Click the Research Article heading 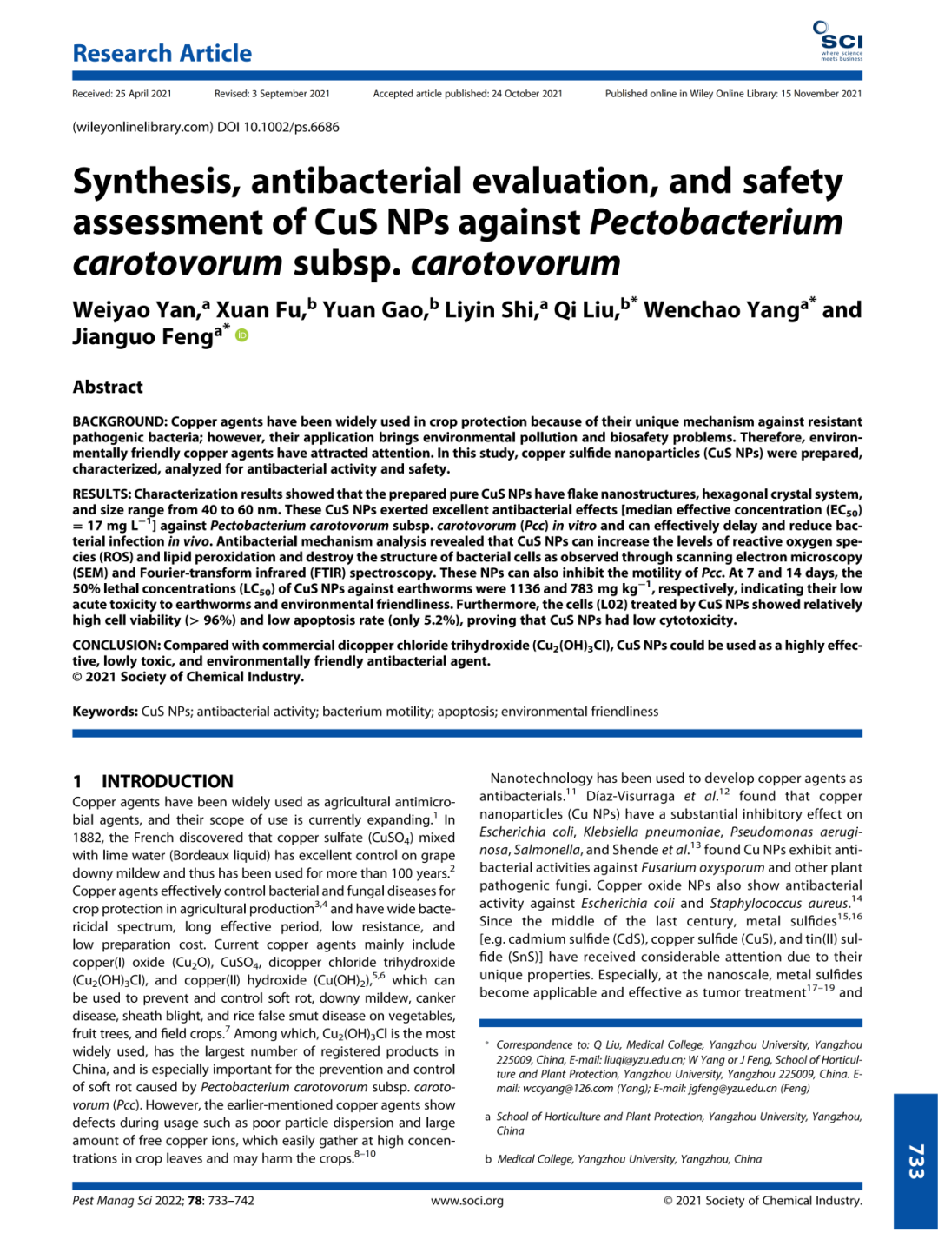(162, 54)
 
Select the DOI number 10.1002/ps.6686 (291, 127)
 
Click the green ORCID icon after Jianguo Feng (242, 335)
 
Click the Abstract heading (108, 388)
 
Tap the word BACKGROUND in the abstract (119, 421)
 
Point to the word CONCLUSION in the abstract (116, 646)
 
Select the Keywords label (104, 712)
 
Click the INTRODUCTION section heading (168, 781)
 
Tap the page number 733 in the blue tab (915, 1161)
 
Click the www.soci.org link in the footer (467, 1201)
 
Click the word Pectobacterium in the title (717, 222)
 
